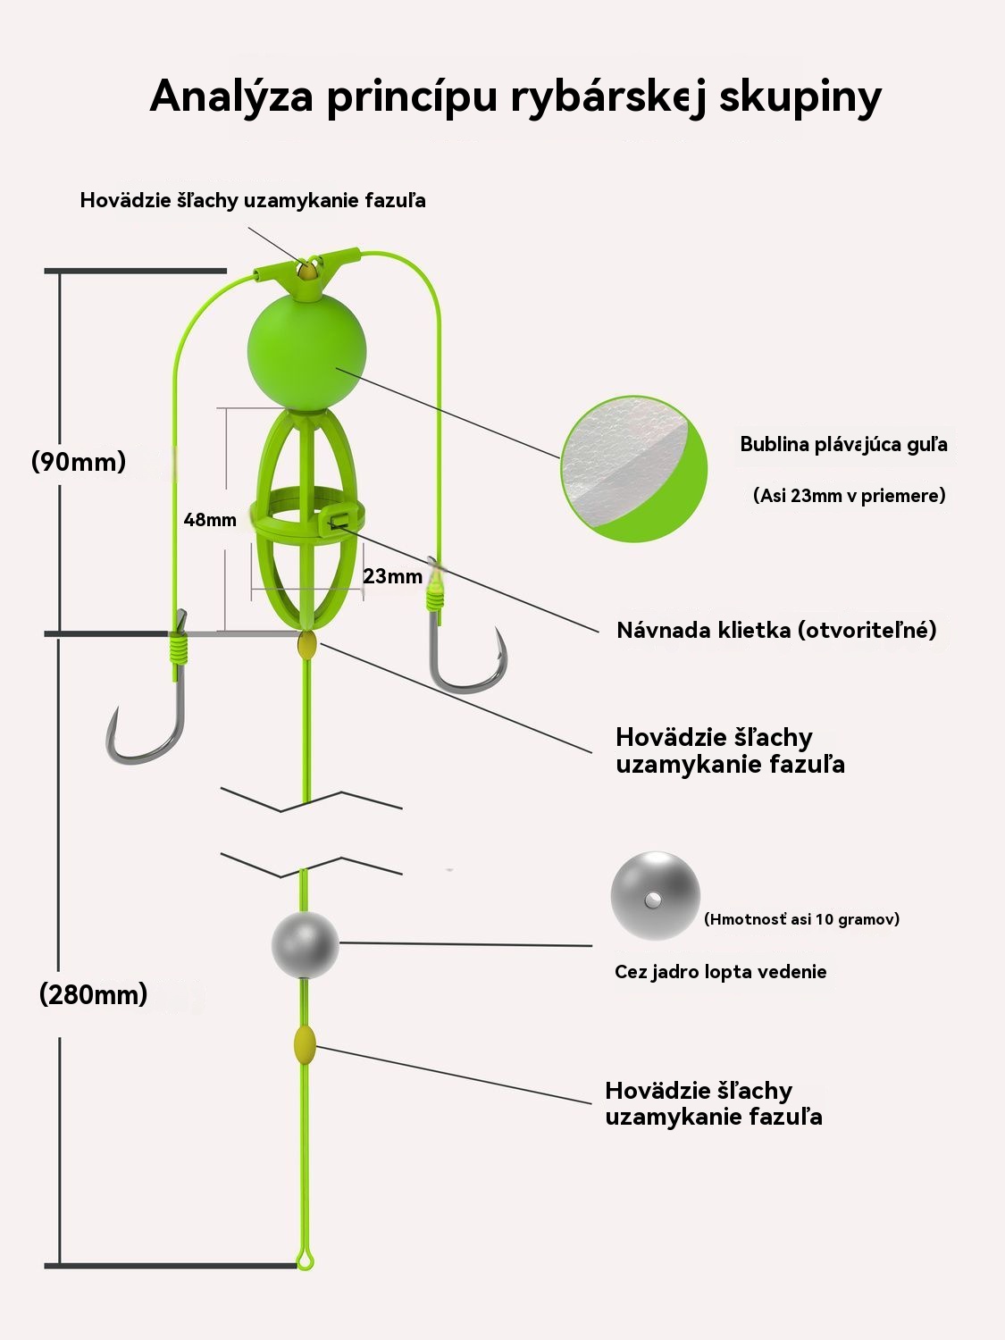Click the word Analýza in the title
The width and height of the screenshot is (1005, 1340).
(230, 96)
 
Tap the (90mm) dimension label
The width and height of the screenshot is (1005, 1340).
(79, 461)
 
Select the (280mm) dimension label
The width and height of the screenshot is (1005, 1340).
(93, 994)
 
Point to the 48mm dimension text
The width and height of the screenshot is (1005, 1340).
(210, 520)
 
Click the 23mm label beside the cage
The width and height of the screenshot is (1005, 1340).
(392, 576)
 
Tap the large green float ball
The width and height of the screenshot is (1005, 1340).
(306, 352)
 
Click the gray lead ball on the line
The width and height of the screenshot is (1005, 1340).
(306, 945)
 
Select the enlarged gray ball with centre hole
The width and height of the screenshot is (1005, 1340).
(655, 896)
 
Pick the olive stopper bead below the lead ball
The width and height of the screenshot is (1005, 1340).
(305, 1043)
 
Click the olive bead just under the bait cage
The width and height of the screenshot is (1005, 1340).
(306, 645)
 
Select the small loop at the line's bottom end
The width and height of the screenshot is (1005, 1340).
(306, 1260)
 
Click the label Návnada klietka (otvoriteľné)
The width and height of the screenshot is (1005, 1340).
(776, 630)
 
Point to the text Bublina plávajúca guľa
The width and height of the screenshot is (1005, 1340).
(843, 444)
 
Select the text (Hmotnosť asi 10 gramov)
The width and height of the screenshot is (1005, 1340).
(801, 918)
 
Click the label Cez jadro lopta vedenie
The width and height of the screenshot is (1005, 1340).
(720, 972)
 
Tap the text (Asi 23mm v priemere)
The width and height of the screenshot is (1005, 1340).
(849, 495)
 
